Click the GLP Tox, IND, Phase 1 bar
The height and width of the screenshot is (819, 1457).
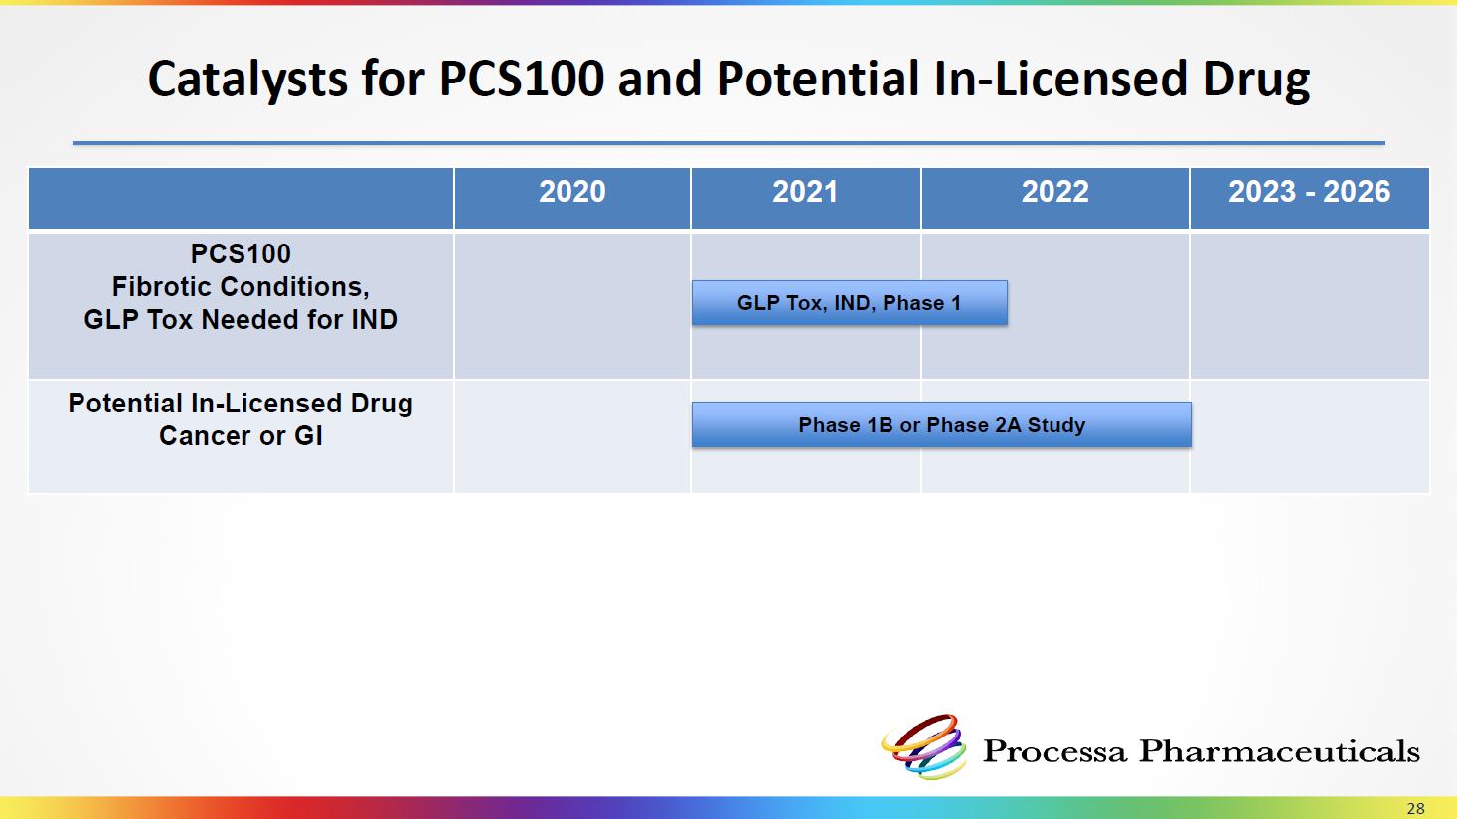[x=850, y=302]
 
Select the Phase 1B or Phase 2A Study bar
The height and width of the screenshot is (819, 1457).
[x=941, y=424]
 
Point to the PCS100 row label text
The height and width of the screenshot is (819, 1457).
[x=241, y=253]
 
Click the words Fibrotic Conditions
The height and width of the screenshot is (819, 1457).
[x=240, y=287]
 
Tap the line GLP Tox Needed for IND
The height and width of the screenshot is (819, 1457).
[x=241, y=319]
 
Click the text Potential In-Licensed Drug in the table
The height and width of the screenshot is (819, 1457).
[x=241, y=404]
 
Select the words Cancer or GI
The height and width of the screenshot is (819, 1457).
[x=241, y=436]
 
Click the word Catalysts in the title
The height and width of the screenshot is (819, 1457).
[x=247, y=80]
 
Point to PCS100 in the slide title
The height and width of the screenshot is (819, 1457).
[x=522, y=80]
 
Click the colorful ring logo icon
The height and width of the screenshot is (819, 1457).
[x=923, y=746]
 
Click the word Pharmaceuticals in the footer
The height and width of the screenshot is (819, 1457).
[x=1279, y=751]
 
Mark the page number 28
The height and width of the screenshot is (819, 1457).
[x=1415, y=809]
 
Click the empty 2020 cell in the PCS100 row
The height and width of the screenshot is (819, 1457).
[x=571, y=306]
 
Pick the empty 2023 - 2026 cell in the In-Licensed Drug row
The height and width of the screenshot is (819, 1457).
[x=1309, y=436]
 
